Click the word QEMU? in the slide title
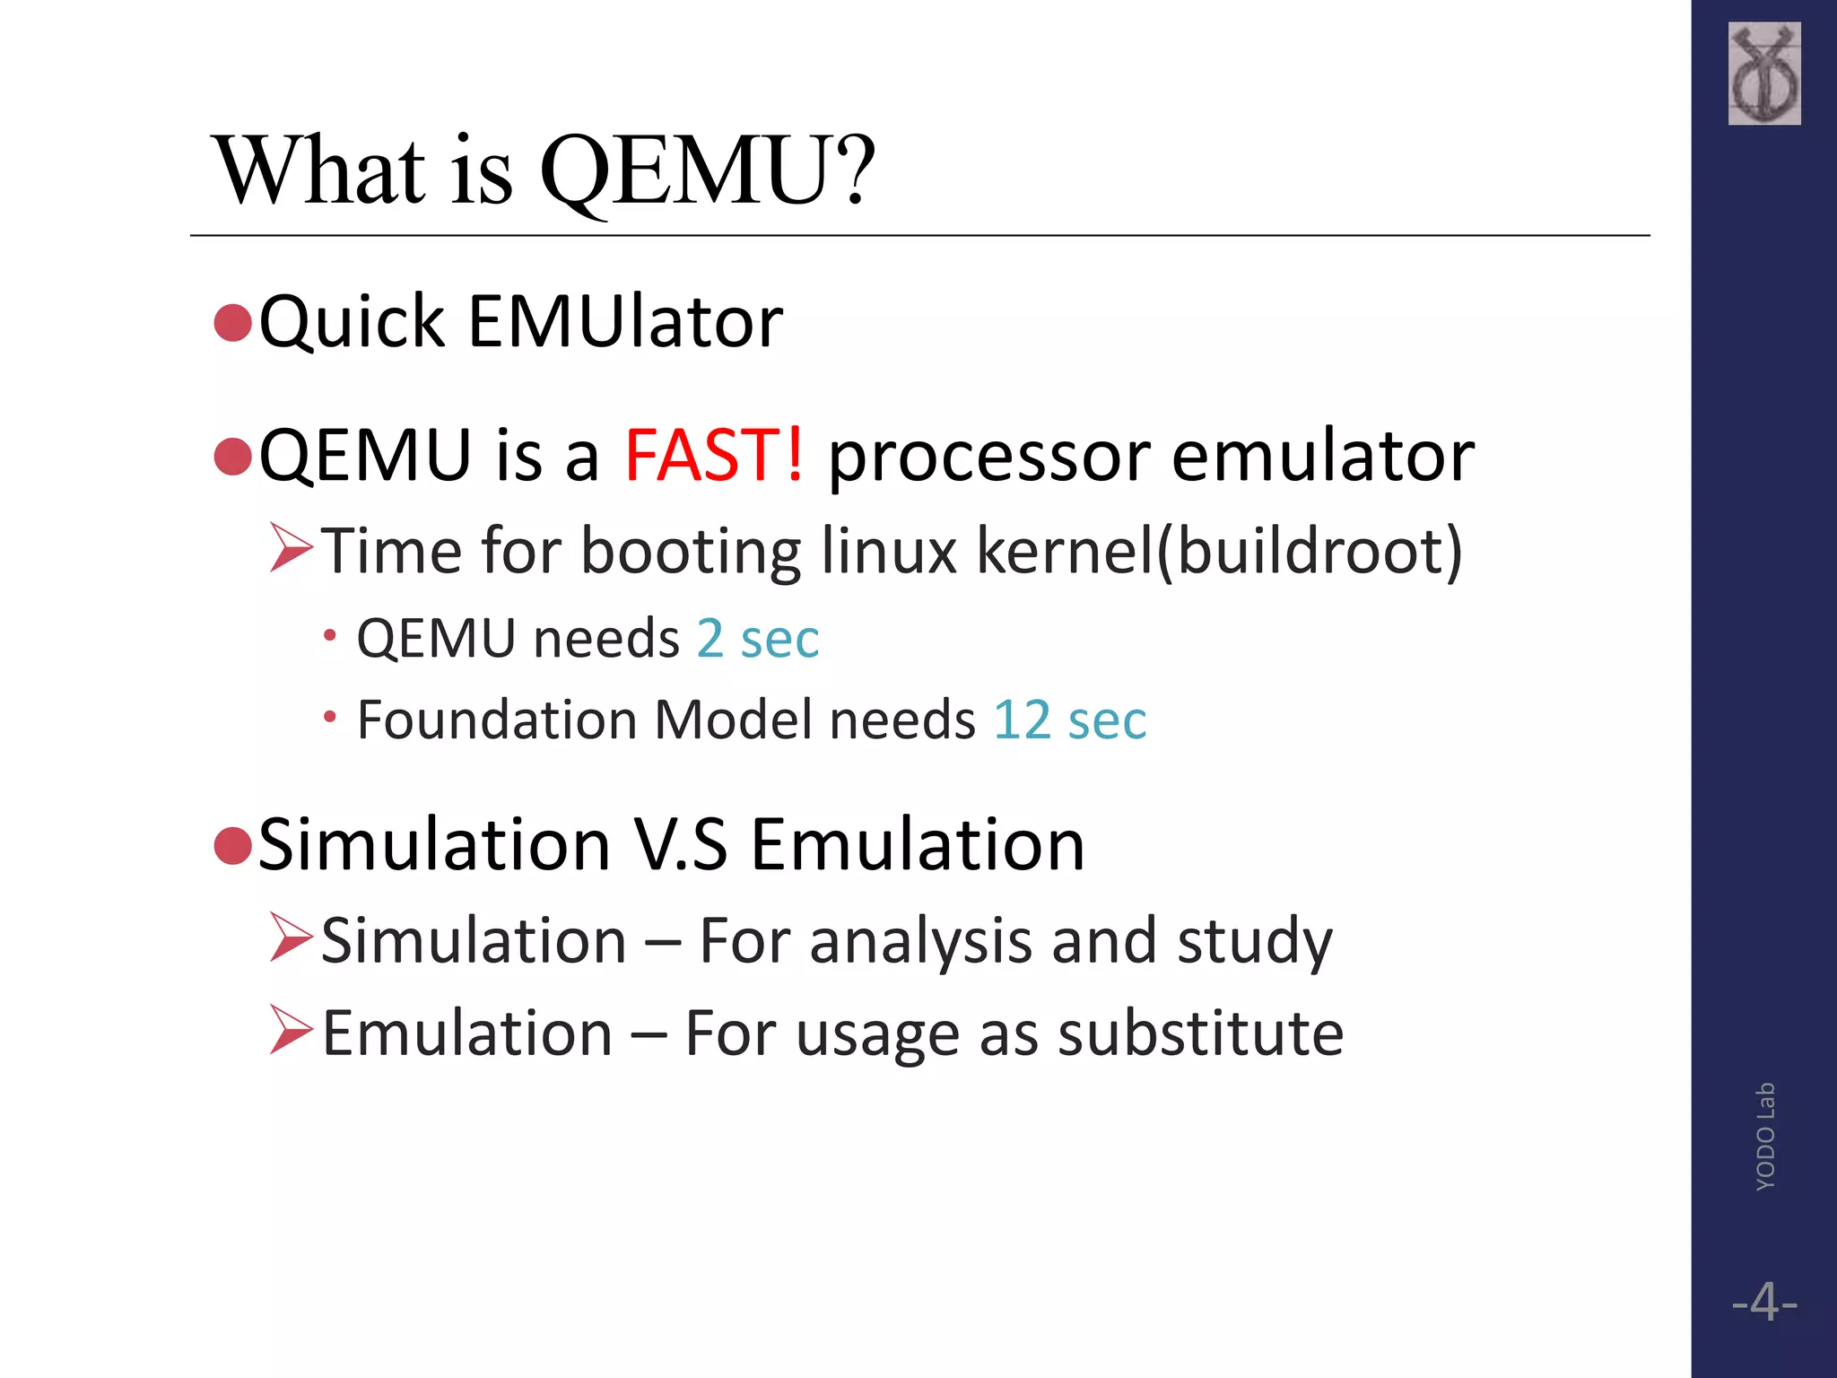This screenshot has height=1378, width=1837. pos(707,170)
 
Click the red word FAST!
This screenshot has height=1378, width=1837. pos(714,456)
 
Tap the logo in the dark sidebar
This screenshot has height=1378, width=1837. pos(1763,74)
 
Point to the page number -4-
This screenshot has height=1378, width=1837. pos(1764,1302)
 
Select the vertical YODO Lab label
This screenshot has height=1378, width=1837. pos(1764,1136)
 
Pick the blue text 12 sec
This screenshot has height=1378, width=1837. pos(1069,720)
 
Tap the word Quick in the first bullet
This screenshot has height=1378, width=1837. pos(352,323)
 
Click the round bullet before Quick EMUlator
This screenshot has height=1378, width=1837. pos(233,323)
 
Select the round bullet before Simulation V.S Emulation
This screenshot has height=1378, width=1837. pos(233,845)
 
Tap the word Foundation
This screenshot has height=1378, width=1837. pos(497,720)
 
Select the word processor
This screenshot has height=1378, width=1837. pos(988,458)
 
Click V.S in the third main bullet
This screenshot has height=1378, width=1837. pos(681,845)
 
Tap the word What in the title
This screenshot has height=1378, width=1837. pos(318,170)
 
